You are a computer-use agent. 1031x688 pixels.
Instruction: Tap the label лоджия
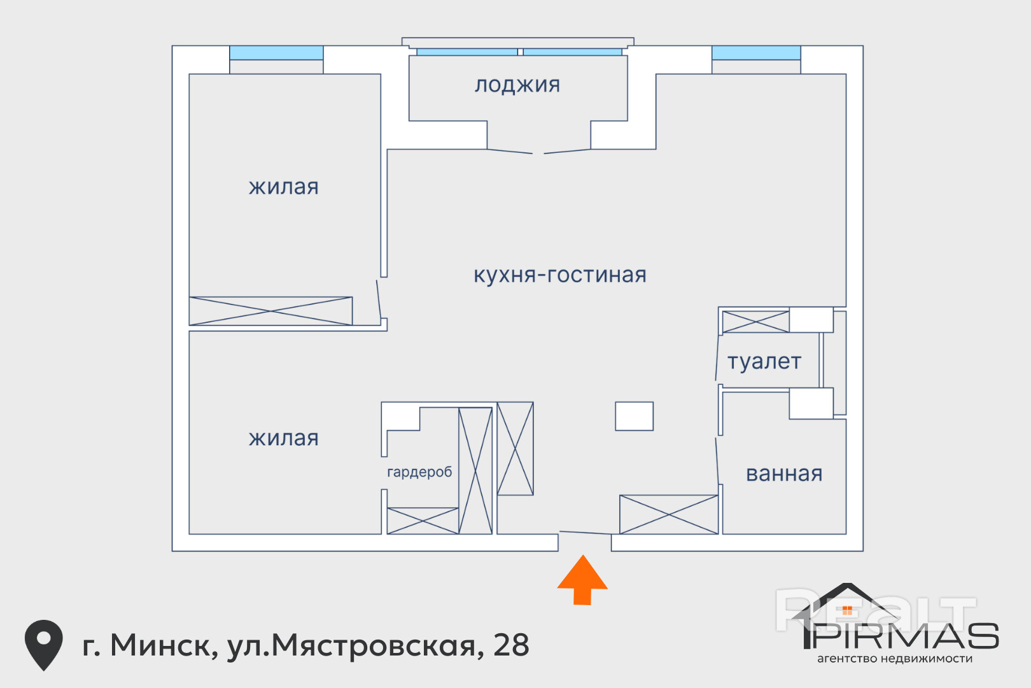517,85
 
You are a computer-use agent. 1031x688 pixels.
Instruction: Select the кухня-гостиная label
559,275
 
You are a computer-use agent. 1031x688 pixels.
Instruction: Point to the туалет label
764,362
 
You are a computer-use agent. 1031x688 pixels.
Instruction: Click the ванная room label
784,474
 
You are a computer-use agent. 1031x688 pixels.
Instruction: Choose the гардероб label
419,472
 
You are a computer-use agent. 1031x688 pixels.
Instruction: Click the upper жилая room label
284,187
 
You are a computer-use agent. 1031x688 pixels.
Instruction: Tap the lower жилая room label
284,438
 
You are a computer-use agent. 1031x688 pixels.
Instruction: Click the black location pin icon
44,645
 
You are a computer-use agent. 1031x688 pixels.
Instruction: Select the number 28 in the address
511,645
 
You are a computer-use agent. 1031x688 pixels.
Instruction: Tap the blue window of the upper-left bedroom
276,52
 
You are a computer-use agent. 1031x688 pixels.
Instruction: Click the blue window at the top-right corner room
756,52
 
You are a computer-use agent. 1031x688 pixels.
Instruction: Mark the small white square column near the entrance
635,416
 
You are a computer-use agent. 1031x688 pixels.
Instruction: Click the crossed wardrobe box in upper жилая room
270,311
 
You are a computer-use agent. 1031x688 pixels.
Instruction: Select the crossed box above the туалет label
756,322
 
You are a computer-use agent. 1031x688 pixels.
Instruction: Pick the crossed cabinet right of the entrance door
669,515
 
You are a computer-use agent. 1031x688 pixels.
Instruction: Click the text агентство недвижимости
895,659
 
